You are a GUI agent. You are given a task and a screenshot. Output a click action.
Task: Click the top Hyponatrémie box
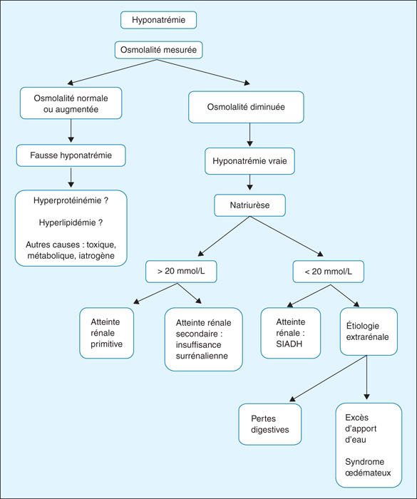tap(158, 20)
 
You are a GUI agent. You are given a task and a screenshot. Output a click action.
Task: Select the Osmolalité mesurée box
tap(158, 50)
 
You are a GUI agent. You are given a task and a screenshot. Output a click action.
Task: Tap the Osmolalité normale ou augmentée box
tap(71, 103)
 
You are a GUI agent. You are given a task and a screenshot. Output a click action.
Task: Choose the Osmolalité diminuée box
tap(246, 107)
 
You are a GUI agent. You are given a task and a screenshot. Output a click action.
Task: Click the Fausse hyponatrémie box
tap(71, 155)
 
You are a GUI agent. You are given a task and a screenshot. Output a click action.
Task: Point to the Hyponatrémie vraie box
tap(250, 161)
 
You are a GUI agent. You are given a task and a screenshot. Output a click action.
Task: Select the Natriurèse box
tap(250, 205)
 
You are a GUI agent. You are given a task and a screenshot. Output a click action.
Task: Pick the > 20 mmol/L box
tap(181, 272)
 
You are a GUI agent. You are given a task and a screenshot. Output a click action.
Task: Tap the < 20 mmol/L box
tap(328, 272)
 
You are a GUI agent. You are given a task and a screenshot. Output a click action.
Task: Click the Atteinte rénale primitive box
tap(107, 333)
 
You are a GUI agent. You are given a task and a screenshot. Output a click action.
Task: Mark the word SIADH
tap(289, 344)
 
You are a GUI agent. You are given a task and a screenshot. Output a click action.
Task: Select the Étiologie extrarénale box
tap(369, 331)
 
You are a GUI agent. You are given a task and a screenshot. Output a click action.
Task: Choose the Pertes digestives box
tap(270, 424)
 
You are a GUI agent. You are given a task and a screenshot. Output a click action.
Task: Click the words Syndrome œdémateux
tap(368, 467)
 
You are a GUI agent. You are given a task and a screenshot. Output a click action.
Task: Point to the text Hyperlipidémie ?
tap(71, 222)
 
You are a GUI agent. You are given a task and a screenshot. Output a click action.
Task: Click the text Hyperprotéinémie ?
tap(71, 200)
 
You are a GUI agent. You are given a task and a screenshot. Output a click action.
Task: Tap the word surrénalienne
tap(202, 356)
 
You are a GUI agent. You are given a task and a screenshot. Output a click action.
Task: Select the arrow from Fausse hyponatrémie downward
tap(71, 178)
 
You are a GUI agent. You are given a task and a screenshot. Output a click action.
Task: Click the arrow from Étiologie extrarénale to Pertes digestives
tap(328, 379)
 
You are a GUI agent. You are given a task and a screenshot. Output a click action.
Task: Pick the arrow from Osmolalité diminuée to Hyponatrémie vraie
tap(250, 135)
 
